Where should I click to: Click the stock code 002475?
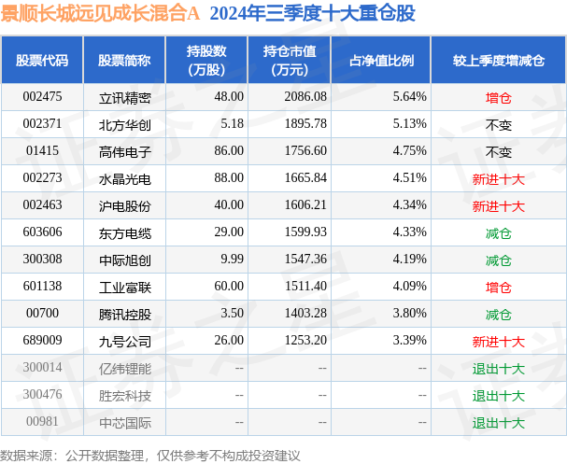click(42, 96)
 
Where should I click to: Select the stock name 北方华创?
click(124, 124)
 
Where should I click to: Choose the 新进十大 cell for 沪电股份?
click(498, 205)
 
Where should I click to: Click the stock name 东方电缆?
click(124, 232)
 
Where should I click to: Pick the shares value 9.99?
click(229, 260)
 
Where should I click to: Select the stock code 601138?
click(42, 287)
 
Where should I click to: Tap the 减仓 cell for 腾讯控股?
click(498, 315)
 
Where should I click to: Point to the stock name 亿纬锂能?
click(124, 369)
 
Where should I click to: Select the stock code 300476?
click(42, 396)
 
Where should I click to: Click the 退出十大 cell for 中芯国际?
click(498, 423)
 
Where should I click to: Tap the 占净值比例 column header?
click(381, 61)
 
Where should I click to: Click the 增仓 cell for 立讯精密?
click(498, 96)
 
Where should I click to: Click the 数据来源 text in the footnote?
click(26, 455)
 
